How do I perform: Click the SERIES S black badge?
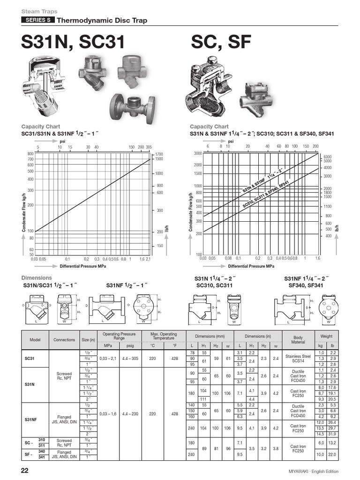coord(38,20)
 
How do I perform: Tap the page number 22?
coord(26,471)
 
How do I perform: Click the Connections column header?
coord(64,340)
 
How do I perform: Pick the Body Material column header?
coord(298,340)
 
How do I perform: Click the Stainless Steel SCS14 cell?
coord(298,358)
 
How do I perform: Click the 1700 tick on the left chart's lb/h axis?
coord(159,154)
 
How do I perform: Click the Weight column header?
coord(326,336)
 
